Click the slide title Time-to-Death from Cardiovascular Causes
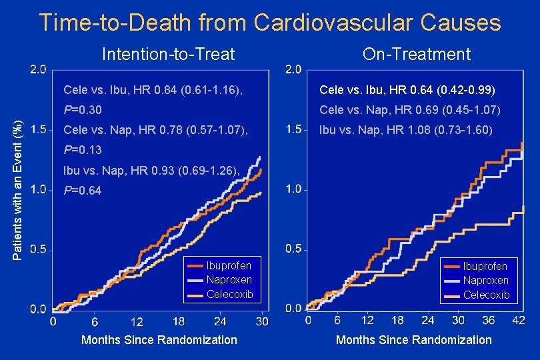[269, 23]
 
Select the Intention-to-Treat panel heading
[168, 54]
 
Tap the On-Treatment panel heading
[417, 54]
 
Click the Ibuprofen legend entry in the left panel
[229, 266]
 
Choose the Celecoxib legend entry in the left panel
[229, 294]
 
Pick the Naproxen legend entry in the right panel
[485, 281]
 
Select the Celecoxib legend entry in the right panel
[485, 295]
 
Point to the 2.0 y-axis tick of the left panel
[39, 69]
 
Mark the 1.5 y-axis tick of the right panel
[293, 129]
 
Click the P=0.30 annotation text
[82, 109]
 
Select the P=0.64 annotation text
[82, 191]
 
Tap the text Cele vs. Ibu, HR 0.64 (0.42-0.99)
[407, 89]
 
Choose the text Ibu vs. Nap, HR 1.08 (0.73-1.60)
[406, 129]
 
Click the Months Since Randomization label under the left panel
[159, 340]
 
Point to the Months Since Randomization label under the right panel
[413, 340]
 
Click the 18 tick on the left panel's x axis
[178, 321]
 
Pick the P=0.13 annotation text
[82, 150]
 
